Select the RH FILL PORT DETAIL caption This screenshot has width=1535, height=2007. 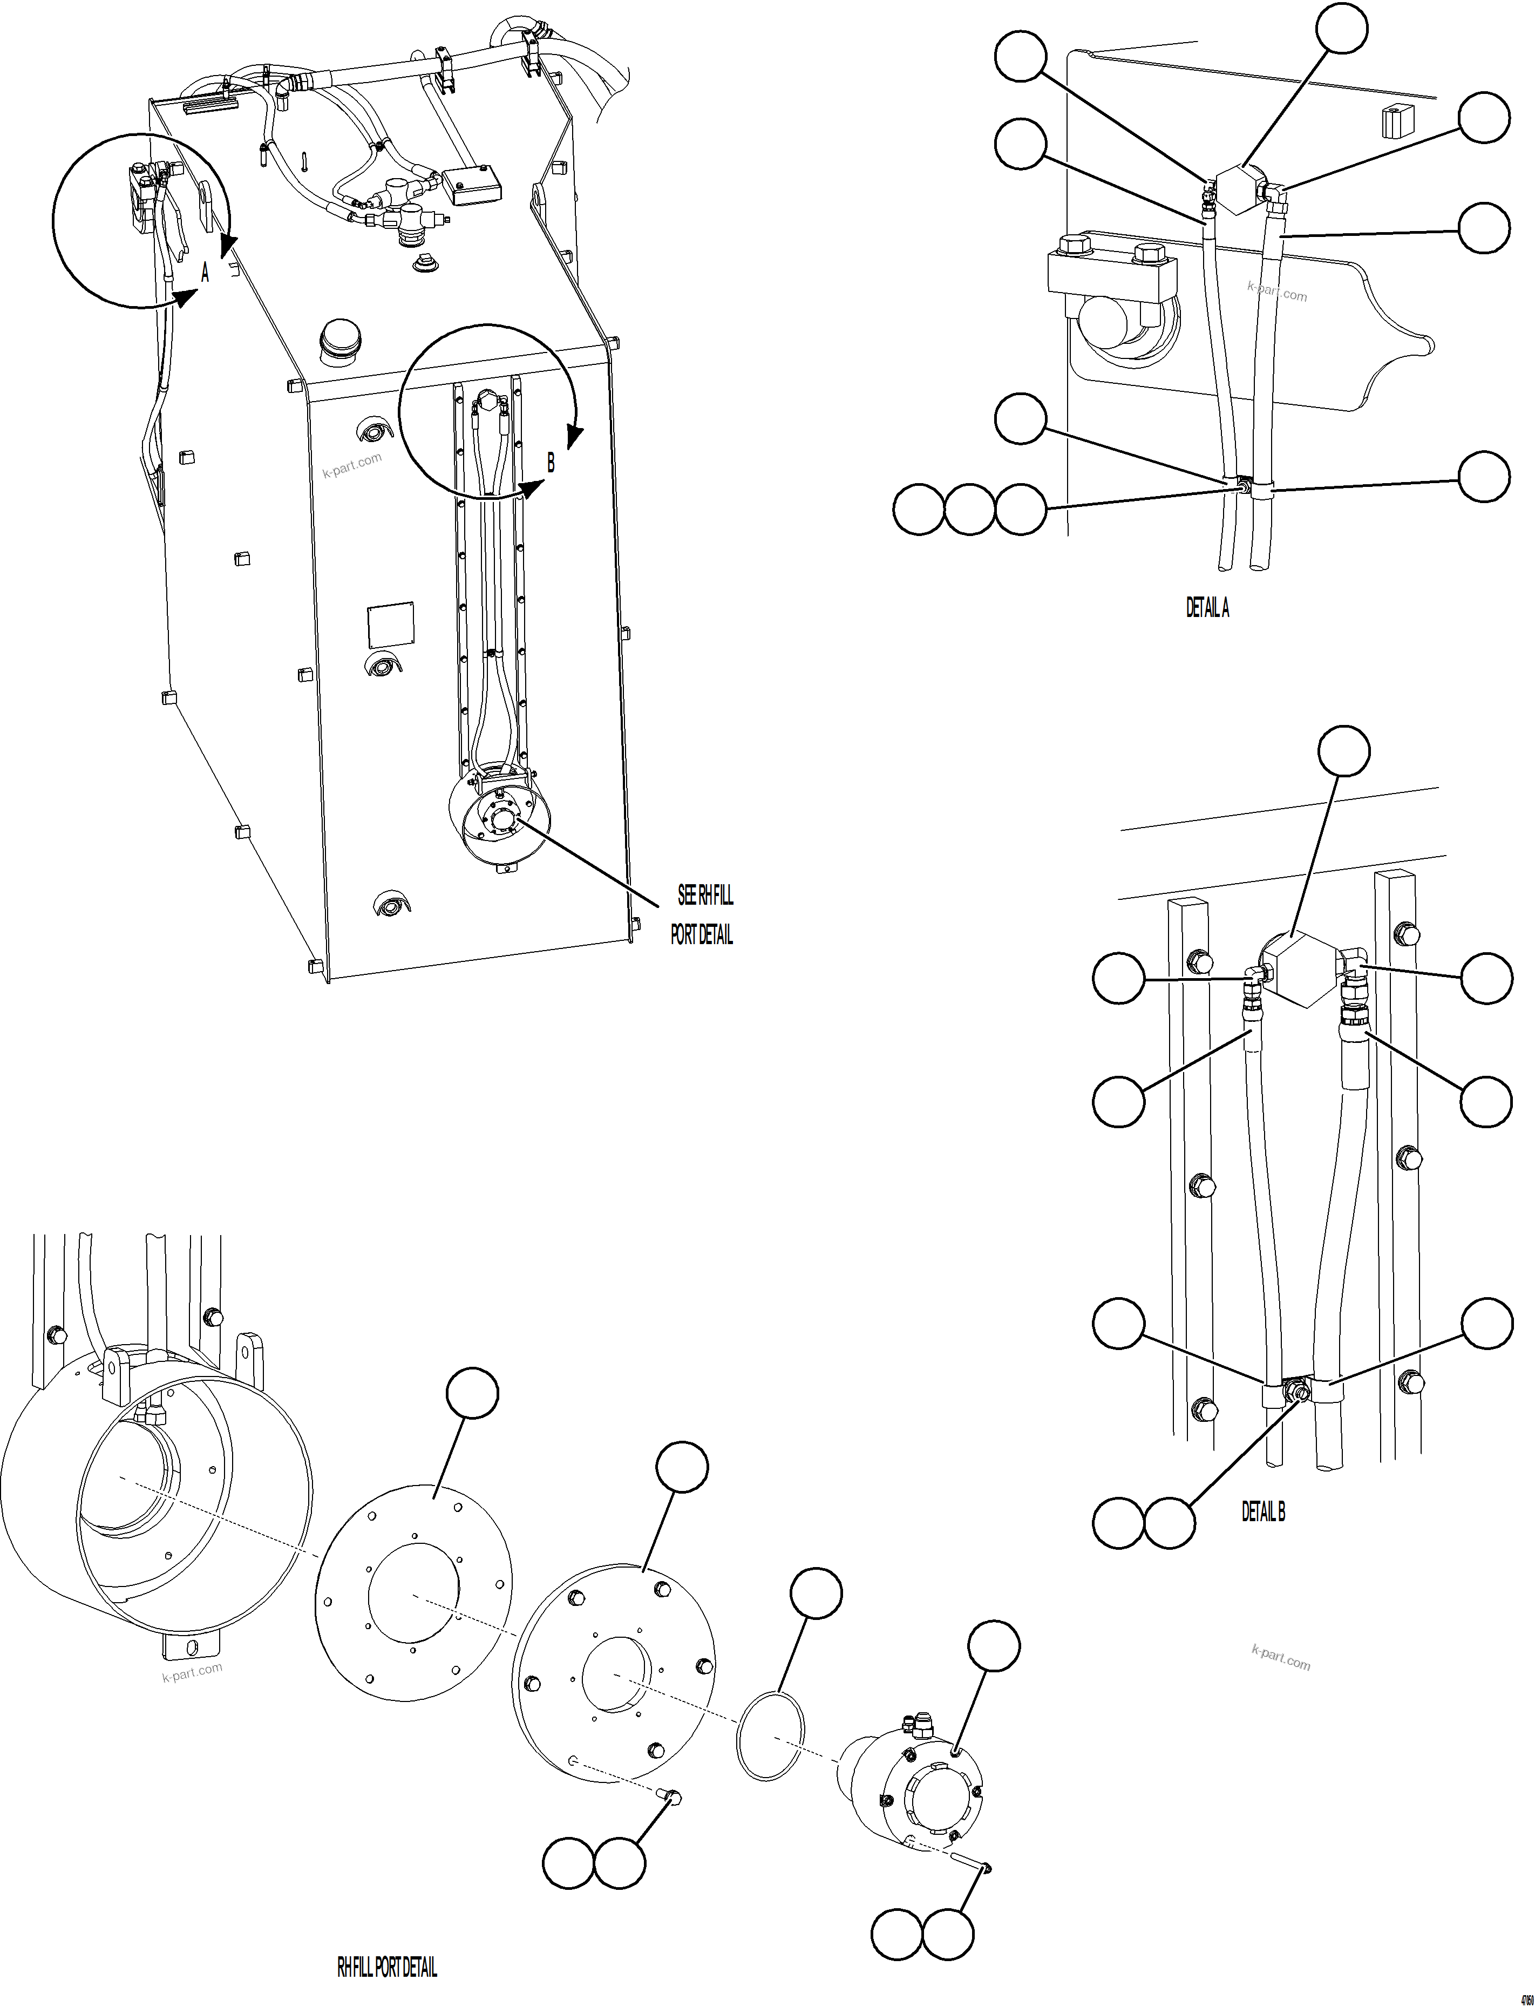[x=388, y=1967]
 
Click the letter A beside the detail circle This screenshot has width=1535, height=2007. [x=205, y=273]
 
